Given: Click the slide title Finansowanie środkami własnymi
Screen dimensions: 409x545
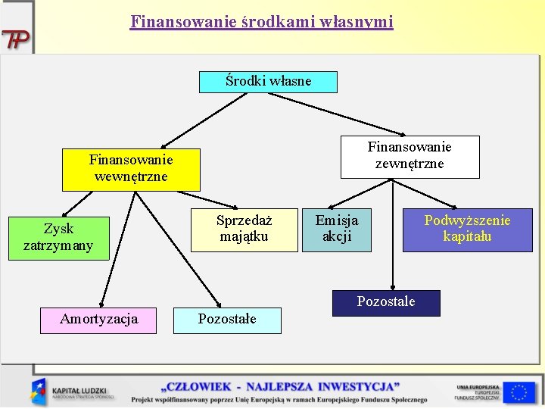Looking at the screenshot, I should pos(262,22).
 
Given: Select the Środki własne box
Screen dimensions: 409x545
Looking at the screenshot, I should pos(268,81).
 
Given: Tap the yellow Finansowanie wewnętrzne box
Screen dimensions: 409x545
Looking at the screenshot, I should pos(131,168).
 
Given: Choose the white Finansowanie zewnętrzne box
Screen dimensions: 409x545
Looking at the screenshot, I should pos(410,155).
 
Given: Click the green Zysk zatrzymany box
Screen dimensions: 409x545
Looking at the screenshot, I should pos(58,237).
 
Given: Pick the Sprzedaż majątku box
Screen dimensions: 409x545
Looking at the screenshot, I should pos(244,229).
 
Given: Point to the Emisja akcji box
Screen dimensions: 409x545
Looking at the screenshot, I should pos(337,229).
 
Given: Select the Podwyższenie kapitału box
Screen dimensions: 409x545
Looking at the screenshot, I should pos(467,229).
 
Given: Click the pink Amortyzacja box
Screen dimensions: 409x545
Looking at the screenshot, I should pos(99,319).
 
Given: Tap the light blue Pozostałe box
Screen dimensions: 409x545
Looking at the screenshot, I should pos(227,319).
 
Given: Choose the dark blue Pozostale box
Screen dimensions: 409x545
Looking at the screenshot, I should pos(386,301).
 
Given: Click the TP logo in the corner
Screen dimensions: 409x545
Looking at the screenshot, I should pos(15,39).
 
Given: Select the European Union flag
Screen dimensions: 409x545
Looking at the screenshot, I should pos(519,391).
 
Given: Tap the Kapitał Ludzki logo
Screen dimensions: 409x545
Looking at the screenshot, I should pos(73,391).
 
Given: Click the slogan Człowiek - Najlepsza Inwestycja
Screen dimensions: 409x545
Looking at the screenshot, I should pos(279,386).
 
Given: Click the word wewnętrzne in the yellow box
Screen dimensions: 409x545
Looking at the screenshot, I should pos(131,176).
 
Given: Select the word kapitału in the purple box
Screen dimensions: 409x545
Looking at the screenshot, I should pos(467,236).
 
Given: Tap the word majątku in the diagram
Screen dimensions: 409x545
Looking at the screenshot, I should pos(244,236).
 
